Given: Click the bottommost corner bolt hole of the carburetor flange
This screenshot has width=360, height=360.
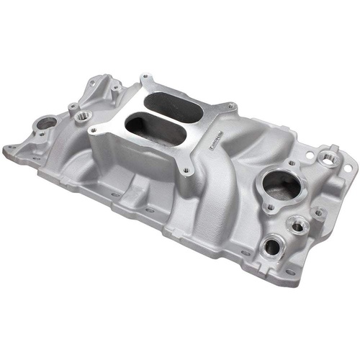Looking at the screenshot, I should (186, 171).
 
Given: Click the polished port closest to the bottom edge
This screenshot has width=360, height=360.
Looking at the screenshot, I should (271, 247).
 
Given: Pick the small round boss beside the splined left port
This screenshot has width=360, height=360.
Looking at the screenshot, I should (72, 108).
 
